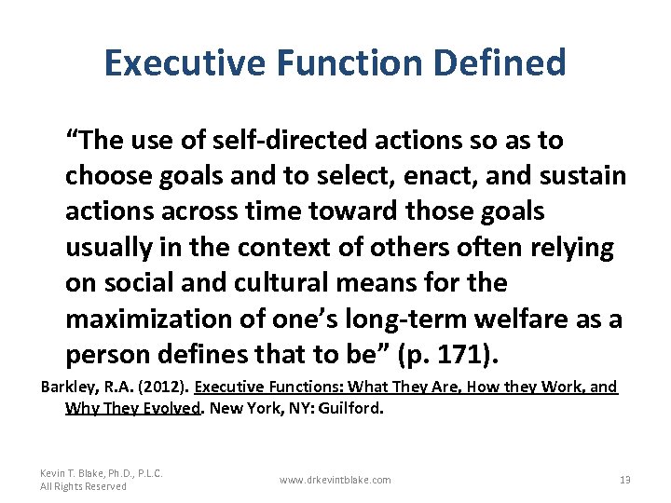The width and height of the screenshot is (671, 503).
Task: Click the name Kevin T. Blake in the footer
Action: pyautogui.click(x=73, y=473)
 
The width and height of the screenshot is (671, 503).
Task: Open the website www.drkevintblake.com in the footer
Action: pyautogui.click(x=335, y=480)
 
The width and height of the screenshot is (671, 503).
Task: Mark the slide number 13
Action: pyautogui.click(x=625, y=480)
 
